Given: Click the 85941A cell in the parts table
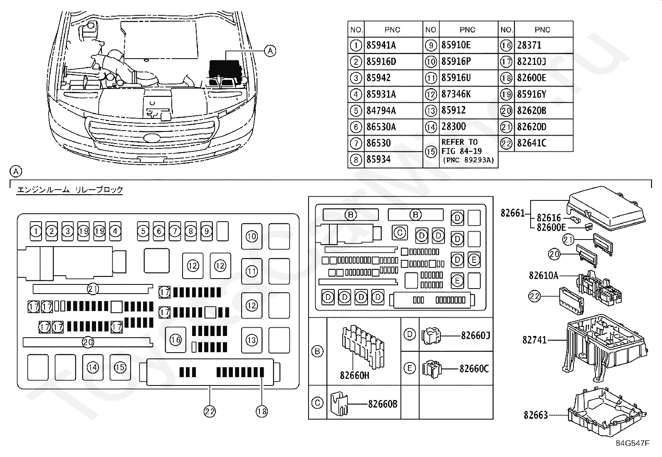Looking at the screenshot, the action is [381, 45].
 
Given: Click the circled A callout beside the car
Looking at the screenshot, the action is [270, 51].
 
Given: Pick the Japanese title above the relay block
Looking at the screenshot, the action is [70, 190].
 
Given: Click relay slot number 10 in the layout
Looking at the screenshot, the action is [252, 236].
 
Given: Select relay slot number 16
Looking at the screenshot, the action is [175, 340].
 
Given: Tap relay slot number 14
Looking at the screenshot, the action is [93, 368].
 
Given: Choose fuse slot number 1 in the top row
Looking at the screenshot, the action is [36, 231].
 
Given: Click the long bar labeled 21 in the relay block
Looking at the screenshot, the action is [93, 289].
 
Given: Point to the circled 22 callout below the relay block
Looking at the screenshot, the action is [210, 412].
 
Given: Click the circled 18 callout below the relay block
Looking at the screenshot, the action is [262, 412].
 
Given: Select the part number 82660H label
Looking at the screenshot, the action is [354, 375].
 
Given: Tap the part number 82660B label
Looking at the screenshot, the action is [383, 404].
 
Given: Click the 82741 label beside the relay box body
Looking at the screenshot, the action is [534, 340].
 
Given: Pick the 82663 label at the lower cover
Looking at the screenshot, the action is [536, 415].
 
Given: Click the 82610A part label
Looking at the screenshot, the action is [543, 276].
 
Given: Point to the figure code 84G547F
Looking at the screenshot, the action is [632, 443].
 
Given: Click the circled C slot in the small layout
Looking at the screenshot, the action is [400, 232].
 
